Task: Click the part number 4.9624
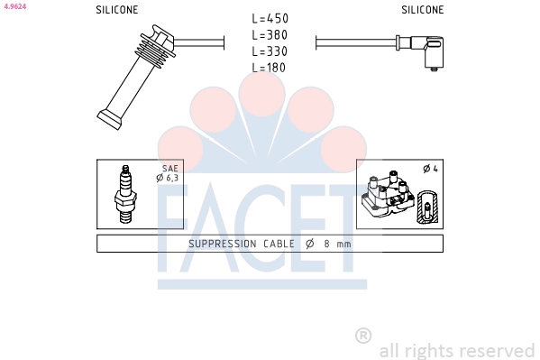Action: click(15, 6)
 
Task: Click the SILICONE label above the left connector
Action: click(117, 10)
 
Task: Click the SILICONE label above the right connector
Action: click(422, 10)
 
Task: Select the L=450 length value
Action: click(270, 18)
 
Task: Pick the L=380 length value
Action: click(270, 35)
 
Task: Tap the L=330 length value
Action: click(270, 51)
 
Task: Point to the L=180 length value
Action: click(269, 68)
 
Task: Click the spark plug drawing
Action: click(125, 194)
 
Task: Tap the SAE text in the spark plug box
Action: click(170, 169)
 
